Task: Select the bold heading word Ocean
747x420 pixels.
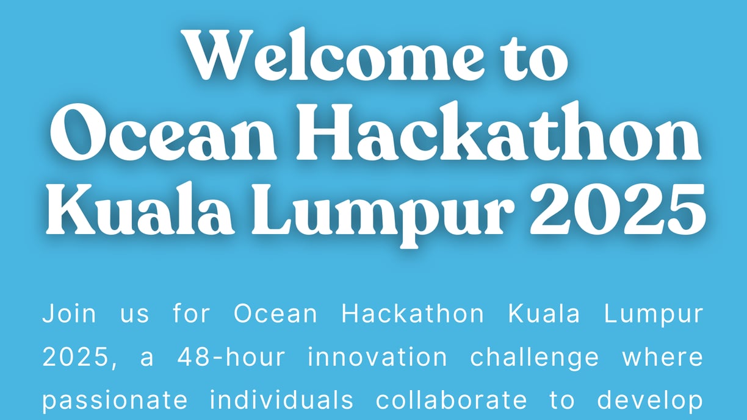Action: (x=164, y=131)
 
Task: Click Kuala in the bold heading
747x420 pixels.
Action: (x=140, y=208)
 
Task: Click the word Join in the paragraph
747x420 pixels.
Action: (x=69, y=313)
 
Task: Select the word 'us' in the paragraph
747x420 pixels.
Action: (x=134, y=315)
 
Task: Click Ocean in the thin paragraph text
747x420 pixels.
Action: (x=275, y=313)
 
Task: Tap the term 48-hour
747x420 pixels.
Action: (x=231, y=357)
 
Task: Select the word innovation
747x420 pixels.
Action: (x=377, y=357)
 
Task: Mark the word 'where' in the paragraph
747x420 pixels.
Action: (x=663, y=357)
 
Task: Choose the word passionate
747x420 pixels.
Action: (x=115, y=401)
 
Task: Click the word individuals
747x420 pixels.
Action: (x=281, y=399)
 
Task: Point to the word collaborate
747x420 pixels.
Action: (x=451, y=399)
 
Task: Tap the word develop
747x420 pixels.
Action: (x=650, y=401)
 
